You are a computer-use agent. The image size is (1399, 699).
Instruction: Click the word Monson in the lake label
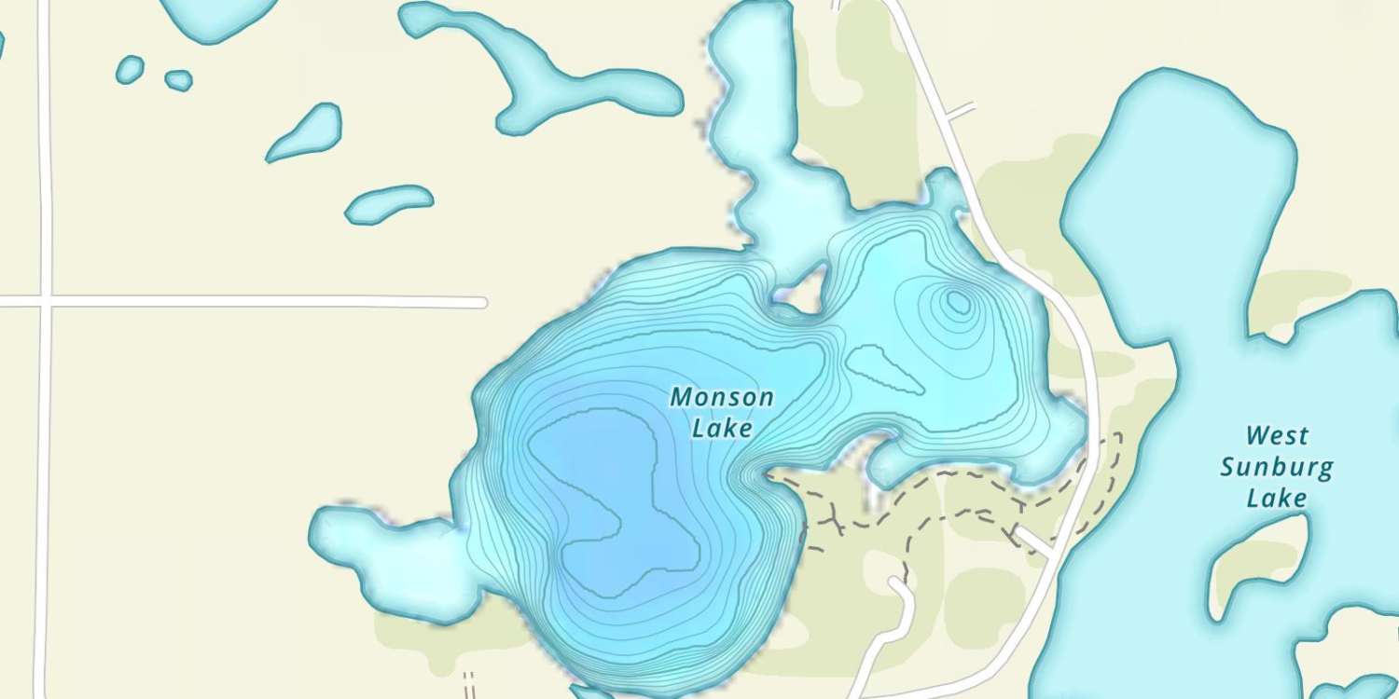pos(722,398)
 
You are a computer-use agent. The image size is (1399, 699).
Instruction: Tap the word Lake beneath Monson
pos(722,429)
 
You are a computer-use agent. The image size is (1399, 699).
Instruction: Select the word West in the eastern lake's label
pos(1277,436)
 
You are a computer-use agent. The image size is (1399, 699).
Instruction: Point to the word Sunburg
pos(1277,467)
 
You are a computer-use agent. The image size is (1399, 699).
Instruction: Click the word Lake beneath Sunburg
pos(1277,499)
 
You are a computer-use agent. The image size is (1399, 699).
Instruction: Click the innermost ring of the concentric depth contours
pos(957,301)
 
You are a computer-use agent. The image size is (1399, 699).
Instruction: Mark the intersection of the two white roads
pos(44,302)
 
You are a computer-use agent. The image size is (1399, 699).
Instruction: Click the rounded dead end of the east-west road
pos(481,302)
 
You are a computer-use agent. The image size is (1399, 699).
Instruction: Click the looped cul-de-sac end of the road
pos(898,584)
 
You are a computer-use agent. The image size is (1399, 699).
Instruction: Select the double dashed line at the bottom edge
pos(468,685)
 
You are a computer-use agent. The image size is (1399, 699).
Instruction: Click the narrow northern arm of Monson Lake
pos(755,112)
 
